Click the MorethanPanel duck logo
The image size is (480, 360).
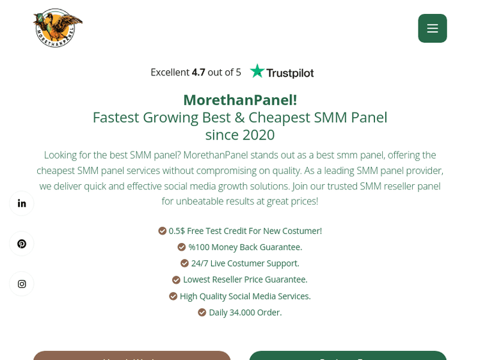click(x=58, y=28)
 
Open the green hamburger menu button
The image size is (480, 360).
click(x=432, y=28)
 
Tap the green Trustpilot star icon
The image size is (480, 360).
click(x=257, y=71)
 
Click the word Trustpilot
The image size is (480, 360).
click(x=290, y=73)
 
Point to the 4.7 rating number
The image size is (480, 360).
click(x=198, y=72)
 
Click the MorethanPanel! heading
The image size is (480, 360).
click(x=240, y=100)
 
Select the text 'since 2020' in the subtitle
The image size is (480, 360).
click(x=240, y=135)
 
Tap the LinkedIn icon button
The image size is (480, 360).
click(x=22, y=203)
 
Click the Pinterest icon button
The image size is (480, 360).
click(x=22, y=244)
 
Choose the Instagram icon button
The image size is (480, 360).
click(x=22, y=284)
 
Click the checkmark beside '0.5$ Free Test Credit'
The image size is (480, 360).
click(x=163, y=231)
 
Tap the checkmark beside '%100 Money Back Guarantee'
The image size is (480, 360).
click(x=182, y=247)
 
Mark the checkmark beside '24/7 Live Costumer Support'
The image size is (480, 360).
click(x=185, y=263)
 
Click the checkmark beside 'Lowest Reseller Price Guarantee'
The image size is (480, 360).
click(x=177, y=279)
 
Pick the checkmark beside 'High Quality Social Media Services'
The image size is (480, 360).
click(x=173, y=296)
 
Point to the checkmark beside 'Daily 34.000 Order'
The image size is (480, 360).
click(x=202, y=313)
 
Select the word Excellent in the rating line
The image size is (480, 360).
click(x=170, y=72)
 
